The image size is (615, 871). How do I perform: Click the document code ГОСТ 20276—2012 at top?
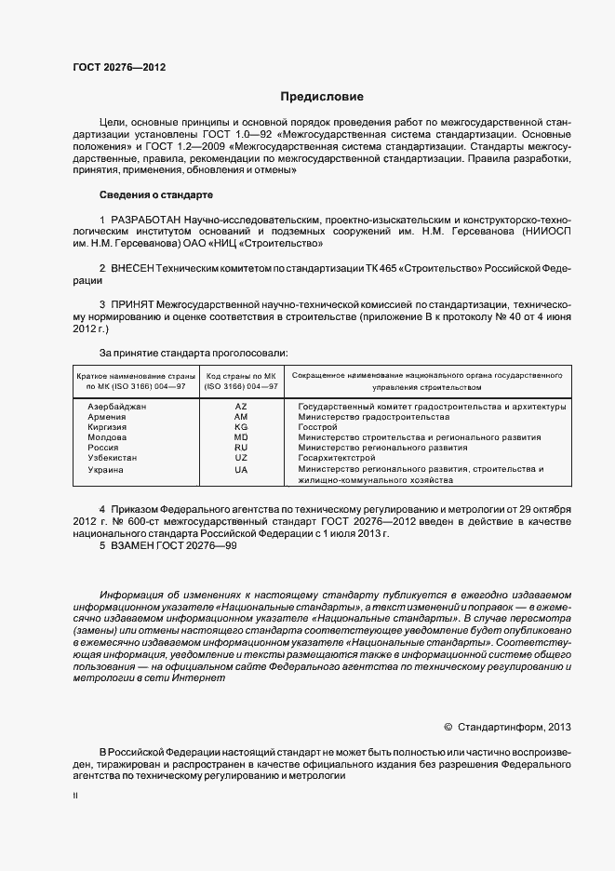tap(119, 67)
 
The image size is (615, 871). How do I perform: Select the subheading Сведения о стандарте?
tap(156, 194)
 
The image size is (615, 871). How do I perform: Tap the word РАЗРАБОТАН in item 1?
tap(147, 218)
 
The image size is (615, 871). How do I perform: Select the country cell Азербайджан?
tap(117, 407)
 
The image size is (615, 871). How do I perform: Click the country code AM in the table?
tap(241, 417)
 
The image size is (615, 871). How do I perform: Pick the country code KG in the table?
tap(241, 427)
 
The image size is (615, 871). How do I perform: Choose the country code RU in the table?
tap(241, 448)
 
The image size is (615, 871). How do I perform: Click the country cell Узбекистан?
tap(113, 459)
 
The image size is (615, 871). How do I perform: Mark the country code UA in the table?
tap(241, 470)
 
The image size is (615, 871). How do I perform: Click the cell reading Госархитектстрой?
tap(336, 459)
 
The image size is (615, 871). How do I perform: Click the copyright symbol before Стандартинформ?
tap(448, 726)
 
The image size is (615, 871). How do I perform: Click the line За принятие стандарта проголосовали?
tap(194, 353)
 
